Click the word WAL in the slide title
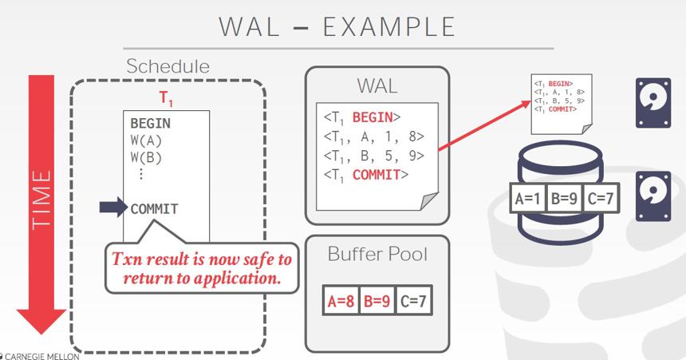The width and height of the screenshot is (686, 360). pos(249,26)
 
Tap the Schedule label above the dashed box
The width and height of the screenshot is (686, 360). pos(168,66)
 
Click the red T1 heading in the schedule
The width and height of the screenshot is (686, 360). pos(166,98)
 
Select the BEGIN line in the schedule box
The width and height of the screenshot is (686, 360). pos(151,124)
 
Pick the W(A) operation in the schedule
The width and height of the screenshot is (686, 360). pos(146,141)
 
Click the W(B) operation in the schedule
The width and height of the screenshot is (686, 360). pos(146,157)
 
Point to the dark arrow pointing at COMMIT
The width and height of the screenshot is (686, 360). pos(113,208)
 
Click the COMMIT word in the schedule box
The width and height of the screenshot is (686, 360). pos(155,209)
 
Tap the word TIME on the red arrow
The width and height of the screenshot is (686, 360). pos(41,200)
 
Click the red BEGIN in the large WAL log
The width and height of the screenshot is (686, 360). pos(373,117)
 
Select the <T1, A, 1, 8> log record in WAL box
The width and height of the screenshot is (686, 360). pos(374,137)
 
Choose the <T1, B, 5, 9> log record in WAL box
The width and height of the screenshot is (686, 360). pos(374,156)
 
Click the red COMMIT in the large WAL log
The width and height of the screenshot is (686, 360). pos(377,175)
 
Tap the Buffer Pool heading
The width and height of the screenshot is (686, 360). pos(377,254)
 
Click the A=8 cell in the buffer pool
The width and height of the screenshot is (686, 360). pos(341,300)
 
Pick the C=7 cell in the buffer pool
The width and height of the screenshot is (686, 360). pos(413,300)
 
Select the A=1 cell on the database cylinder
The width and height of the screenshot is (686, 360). pos(527,199)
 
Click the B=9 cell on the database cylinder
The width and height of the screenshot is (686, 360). pos(564,199)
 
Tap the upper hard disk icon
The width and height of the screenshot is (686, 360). pos(652,103)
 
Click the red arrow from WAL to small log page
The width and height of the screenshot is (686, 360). pos(484,125)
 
